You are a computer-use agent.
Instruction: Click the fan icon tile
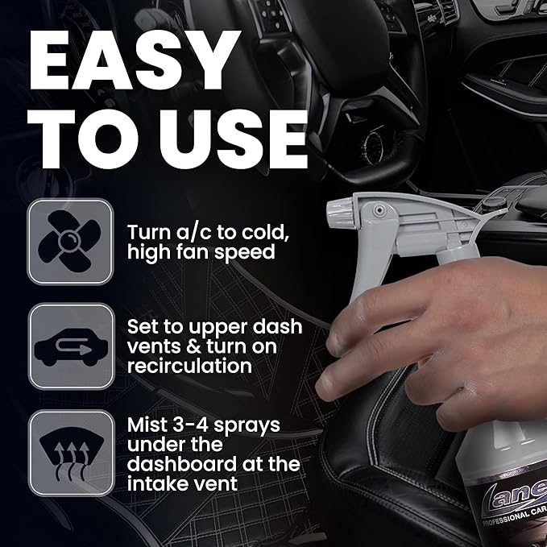70,241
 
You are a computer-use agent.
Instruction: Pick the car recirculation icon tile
70,346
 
